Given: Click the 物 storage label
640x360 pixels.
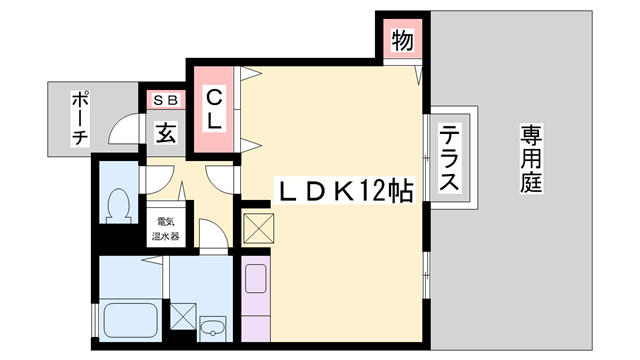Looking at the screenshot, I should (x=402, y=41).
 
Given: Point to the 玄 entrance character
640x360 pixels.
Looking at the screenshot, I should (x=167, y=131).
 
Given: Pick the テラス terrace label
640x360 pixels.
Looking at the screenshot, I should (x=450, y=159).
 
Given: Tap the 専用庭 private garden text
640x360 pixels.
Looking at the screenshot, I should (x=530, y=159).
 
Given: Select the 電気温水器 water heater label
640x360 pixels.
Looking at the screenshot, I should (x=165, y=229).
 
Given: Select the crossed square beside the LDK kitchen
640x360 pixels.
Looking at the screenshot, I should (x=258, y=226).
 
